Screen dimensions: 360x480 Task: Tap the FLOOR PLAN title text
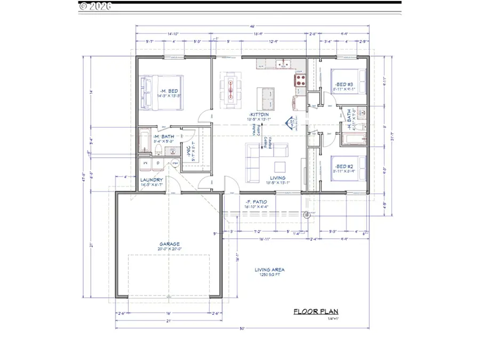click(316, 312)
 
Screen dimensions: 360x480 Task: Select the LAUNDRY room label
click(151, 180)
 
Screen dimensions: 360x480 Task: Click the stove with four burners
click(299, 81)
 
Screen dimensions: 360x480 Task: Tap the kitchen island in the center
click(267, 97)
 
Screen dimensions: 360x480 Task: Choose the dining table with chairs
click(231, 89)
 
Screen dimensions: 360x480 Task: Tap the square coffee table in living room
click(280, 164)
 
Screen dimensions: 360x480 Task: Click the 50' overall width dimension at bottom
click(242, 329)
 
